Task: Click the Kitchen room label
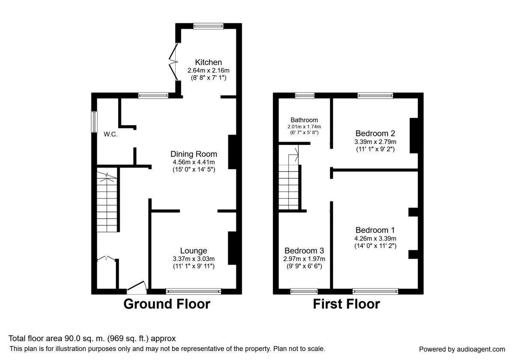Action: click(x=209, y=62)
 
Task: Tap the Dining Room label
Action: click(x=194, y=154)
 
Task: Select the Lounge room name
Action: click(x=194, y=251)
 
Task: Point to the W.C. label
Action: click(x=111, y=134)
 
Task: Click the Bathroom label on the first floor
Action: click(x=304, y=120)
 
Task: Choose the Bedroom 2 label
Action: click(x=375, y=133)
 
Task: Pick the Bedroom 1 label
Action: click(x=375, y=230)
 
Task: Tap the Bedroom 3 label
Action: click(x=304, y=251)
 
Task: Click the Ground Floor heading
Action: click(x=167, y=304)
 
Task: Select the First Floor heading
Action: click(x=346, y=304)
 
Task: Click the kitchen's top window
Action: click(x=209, y=26)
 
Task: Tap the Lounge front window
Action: click(x=194, y=291)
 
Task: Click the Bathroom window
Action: click(x=305, y=96)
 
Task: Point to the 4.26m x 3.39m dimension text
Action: click(x=375, y=239)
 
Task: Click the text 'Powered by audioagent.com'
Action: click(x=462, y=349)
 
